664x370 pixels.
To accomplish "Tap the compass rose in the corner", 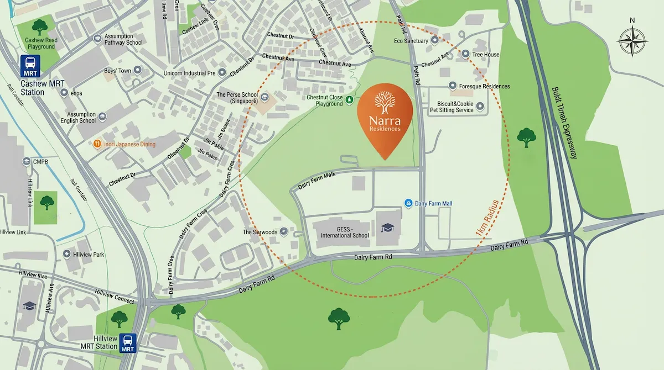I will (632, 41).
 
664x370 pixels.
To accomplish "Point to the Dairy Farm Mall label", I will (433, 204).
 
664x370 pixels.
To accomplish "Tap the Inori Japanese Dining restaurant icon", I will (97, 144).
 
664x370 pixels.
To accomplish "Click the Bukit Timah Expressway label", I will (564, 123).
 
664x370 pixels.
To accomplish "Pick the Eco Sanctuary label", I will (411, 41).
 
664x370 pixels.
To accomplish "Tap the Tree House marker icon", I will (465, 55).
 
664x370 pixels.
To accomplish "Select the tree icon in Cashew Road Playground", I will (39, 26).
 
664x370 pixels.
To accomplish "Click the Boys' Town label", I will (117, 71).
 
